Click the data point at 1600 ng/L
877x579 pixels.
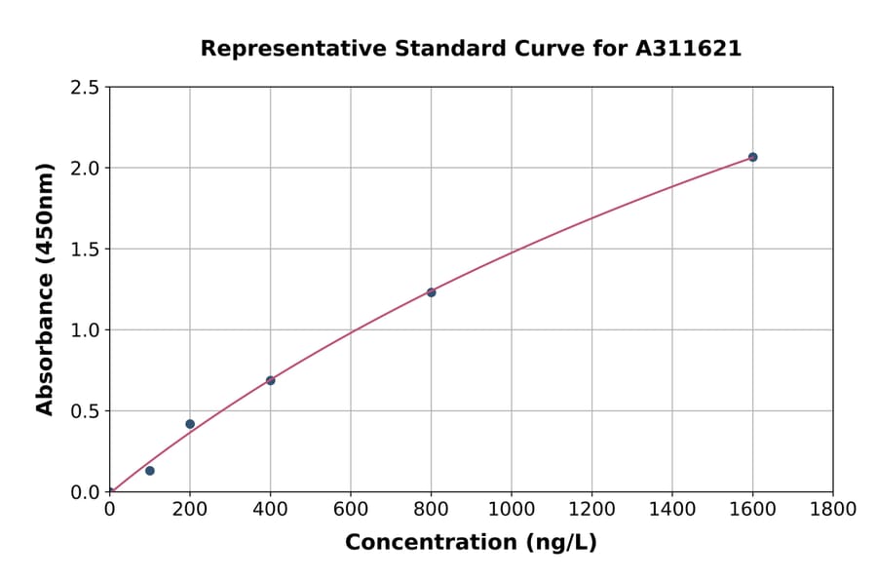click(752, 157)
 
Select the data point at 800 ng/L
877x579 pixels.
click(431, 292)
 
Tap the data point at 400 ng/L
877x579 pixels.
click(270, 380)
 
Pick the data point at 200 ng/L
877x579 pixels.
click(190, 424)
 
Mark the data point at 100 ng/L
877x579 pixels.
click(150, 471)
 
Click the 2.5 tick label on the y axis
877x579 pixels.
click(86, 88)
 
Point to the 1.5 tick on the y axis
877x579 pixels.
click(86, 250)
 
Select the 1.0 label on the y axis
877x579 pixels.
click(86, 330)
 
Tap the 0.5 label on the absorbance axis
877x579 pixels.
click(86, 411)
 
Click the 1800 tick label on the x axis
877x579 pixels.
click(833, 509)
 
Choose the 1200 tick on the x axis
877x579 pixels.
click(591, 509)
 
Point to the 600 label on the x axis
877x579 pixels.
click(351, 509)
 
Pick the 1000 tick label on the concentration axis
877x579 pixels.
click(512, 509)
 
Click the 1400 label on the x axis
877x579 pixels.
click(672, 509)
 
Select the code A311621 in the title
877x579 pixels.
click(688, 48)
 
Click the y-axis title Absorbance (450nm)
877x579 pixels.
click(45, 289)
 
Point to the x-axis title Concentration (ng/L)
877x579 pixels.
click(471, 542)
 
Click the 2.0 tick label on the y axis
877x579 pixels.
click(86, 169)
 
